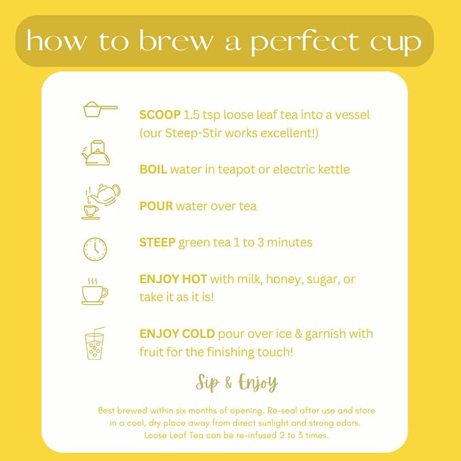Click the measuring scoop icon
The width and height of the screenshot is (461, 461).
[99, 109]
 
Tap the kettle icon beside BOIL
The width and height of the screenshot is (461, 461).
[96, 153]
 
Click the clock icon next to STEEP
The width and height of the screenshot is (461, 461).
[95, 248]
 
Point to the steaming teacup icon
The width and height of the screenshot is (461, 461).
[94, 291]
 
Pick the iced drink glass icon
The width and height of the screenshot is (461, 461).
[95, 344]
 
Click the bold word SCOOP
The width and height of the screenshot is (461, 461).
[160, 114]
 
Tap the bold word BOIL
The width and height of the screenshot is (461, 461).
[153, 169]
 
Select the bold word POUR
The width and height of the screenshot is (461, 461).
[156, 205]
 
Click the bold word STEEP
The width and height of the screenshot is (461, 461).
[157, 242]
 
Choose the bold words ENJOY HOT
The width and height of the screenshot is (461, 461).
[173, 279]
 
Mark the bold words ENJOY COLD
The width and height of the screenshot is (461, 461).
[177, 334]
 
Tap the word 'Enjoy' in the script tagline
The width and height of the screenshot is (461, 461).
[256, 384]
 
